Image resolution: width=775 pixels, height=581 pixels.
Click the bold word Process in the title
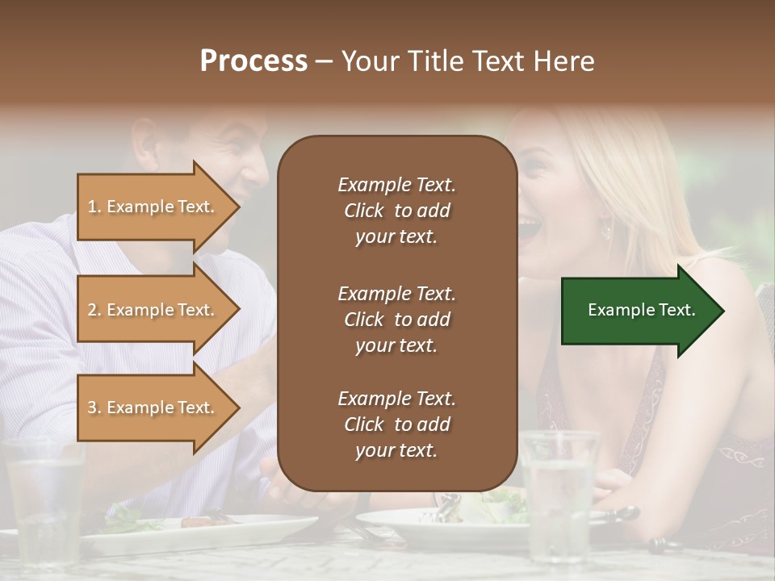point(253,61)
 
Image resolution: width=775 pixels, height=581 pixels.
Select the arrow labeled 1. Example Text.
point(153,207)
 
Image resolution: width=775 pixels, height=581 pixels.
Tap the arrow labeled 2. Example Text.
point(153,310)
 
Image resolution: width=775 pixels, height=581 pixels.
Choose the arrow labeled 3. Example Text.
point(153,408)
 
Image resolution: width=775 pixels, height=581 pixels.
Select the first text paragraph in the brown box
point(396,211)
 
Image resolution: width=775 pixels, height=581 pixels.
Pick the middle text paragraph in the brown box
point(396,320)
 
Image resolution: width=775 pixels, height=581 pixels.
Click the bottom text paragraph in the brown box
point(396,424)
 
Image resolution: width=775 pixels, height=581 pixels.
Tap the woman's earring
point(606,232)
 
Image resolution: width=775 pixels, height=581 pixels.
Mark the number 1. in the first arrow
point(94,207)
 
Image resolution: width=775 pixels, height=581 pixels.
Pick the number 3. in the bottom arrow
point(94,408)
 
